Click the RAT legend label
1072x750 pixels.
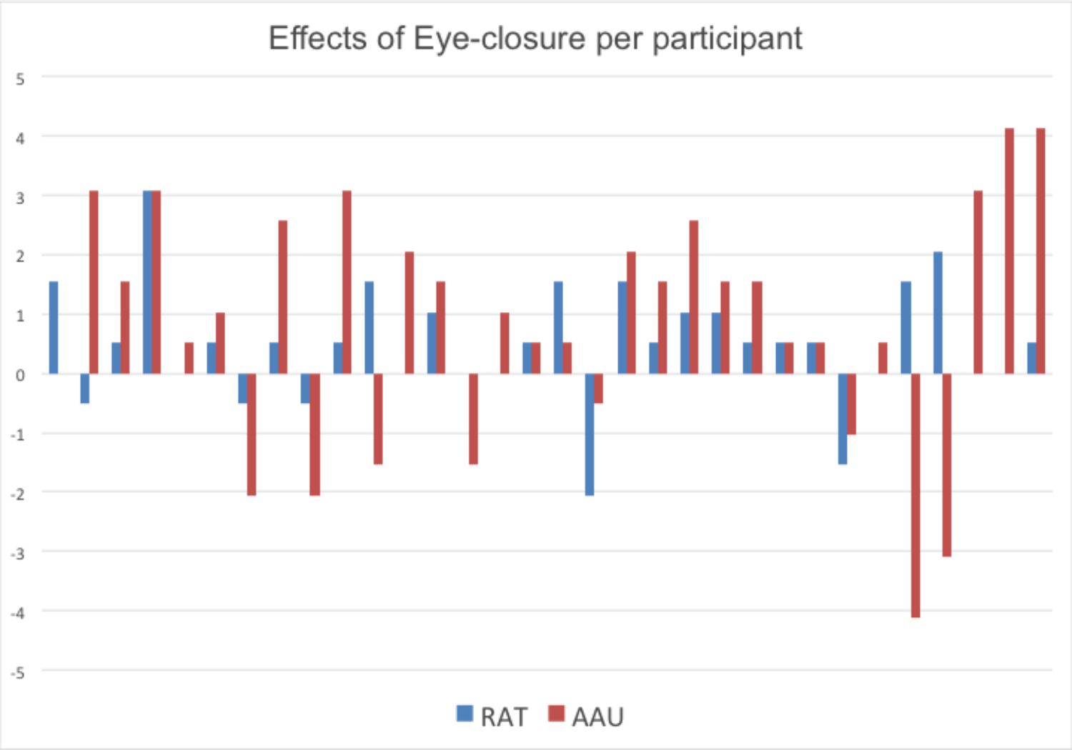(x=504, y=717)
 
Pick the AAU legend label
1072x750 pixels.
(x=598, y=717)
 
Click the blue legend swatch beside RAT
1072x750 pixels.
(x=465, y=714)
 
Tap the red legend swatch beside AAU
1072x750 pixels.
(x=556, y=714)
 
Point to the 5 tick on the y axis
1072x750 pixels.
(x=20, y=79)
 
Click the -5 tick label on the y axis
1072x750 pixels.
(x=18, y=673)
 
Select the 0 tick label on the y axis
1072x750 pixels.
(x=20, y=376)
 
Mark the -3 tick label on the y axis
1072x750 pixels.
(x=18, y=554)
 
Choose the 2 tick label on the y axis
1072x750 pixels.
(x=20, y=257)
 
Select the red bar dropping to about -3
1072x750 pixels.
(x=947, y=464)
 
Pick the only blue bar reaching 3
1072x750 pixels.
(x=147, y=282)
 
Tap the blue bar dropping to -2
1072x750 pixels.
(x=590, y=434)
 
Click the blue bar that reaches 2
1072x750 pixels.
(x=938, y=313)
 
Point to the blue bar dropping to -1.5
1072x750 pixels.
(x=843, y=419)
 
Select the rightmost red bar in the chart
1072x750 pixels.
(x=1041, y=251)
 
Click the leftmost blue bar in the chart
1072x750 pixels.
(x=54, y=327)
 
